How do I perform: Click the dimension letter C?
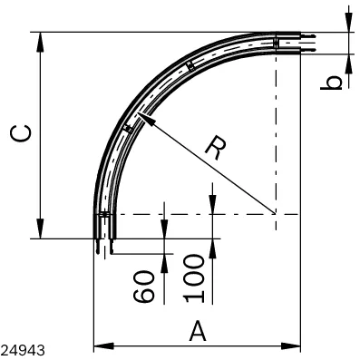pyautogui.click(x=21, y=133)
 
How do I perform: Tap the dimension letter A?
pyautogui.click(x=198, y=331)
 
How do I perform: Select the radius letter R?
pyautogui.click(x=216, y=148)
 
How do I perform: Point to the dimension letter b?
pyautogui.click(x=331, y=83)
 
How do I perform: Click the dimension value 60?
pyautogui.click(x=143, y=287)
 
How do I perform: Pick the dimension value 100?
pyautogui.click(x=194, y=278)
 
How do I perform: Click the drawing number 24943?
pyautogui.click(x=23, y=350)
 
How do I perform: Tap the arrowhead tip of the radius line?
pyautogui.click(x=138, y=113)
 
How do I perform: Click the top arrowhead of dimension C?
pyautogui.click(x=40, y=33)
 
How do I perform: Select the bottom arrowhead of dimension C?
pyautogui.click(x=40, y=238)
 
